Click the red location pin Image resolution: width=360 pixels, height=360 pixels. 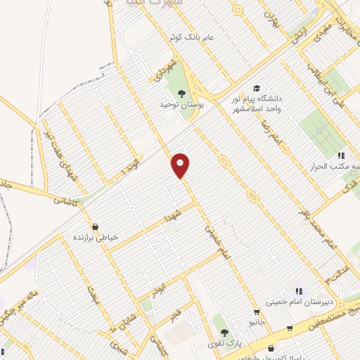[181, 165]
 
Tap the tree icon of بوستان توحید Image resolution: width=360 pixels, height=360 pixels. [181, 93]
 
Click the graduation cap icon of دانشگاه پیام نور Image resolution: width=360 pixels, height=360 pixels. [257, 89]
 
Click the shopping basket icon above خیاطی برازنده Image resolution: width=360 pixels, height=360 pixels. [94, 226]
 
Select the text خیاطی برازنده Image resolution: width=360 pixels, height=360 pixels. [97, 238]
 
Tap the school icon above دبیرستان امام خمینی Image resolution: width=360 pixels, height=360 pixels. [298, 291]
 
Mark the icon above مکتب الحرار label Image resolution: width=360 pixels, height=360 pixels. [341, 155]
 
